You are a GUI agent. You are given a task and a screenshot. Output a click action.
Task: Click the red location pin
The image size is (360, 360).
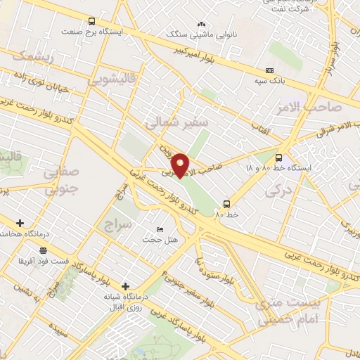181,165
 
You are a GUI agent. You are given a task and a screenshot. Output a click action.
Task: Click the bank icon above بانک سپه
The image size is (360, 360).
271,70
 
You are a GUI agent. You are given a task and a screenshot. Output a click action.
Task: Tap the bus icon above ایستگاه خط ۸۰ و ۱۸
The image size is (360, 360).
278,157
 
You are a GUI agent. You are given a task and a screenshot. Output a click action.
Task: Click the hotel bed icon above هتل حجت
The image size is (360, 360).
160,229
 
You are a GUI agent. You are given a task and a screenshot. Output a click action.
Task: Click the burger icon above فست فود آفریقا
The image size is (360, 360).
44,250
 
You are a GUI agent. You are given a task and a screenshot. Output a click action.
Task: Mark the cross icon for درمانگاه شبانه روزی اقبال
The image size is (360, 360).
125,286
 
